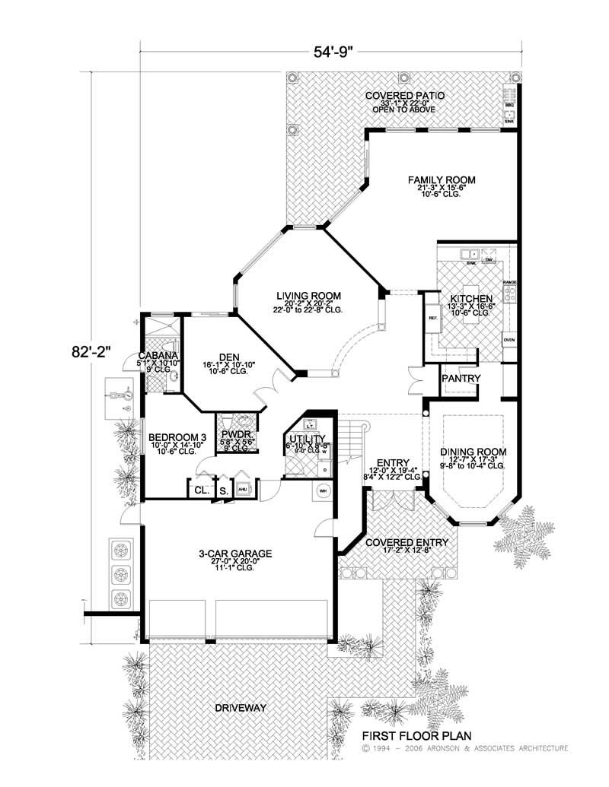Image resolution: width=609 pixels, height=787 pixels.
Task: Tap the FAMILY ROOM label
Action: click(441, 180)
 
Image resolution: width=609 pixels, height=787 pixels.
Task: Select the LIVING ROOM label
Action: click(308, 296)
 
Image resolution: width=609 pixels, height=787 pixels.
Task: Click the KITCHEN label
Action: click(472, 299)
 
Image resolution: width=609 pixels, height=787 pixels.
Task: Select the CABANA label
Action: click(158, 356)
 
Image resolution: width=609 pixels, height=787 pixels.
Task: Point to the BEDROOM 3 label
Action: click(177, 436)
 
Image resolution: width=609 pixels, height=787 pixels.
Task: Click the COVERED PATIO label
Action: click(404, 95)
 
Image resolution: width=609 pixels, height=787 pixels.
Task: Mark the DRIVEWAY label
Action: click(239, 708)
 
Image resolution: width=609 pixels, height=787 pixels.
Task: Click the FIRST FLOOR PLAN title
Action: click(416, 735)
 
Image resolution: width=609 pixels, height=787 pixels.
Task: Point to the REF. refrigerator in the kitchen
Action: click(433, 317)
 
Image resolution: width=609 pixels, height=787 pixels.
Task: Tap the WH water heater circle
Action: click(321, 490)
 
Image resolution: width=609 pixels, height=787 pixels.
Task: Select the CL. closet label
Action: click(202, 490)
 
